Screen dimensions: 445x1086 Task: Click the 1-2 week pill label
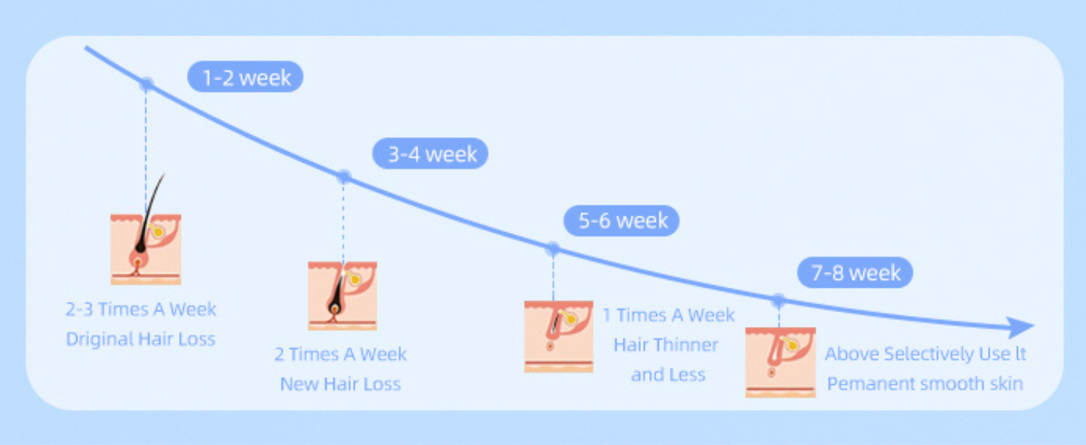pyautogui.click(x=245, y=77)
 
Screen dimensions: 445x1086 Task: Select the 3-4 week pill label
pyautogui.click(x=430, y=154)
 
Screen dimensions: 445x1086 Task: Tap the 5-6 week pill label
pyautogui.click(x=621, y=221)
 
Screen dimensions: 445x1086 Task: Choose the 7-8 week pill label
pyautogui.click(x=855, y=273)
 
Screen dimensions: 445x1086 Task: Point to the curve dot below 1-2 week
pyautogui.click(x=147, y=84)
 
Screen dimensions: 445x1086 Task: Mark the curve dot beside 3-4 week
pyautogui.click(x=343, y=177)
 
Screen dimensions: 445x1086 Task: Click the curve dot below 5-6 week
pyautogui.click(x=553, y=249)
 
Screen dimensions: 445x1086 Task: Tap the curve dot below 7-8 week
pyautogui.click(x=778, y=300)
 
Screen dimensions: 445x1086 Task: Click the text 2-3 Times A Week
pyautogui.click(x=141, y=309)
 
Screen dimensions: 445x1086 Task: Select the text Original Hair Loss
pyautogui.click(x=140, y=339)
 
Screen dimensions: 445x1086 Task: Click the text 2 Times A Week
pyautogui.click(x=340, y=354)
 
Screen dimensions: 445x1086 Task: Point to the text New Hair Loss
pyautogui.click(x=340, y=383)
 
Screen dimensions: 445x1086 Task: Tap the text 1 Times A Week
pyautogui.click(x=668, y=315)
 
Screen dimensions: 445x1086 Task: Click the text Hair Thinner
pyautogui.click(x=665, y=345)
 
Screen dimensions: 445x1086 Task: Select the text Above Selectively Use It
pyautogui.click(x=925, y=354)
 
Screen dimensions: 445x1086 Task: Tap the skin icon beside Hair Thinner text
pyautogui.click(x=559, y=336)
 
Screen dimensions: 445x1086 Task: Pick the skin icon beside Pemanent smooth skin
pyautogui.click(x=780, y=362)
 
